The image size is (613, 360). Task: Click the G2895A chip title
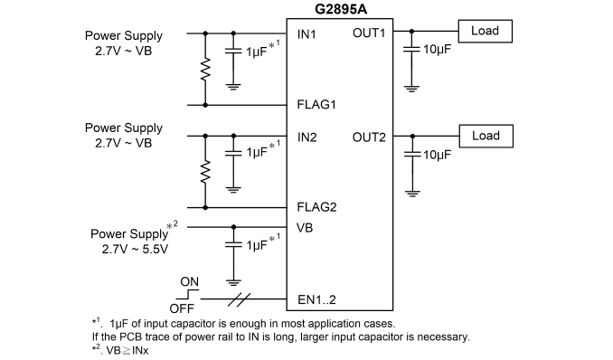point(341,9)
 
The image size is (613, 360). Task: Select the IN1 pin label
point(306,34)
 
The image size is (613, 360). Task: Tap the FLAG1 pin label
point(316,105)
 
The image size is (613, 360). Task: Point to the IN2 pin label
point(306,137)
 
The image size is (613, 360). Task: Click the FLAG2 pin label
point(316,207)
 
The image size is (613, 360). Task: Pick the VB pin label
point(305,228)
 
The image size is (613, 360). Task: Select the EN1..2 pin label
point(316,299)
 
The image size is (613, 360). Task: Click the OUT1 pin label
point(369,33)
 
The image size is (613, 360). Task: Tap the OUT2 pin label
point(369,137)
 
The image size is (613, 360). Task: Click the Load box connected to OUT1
point(486,31)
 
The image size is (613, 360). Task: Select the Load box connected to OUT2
point(486,137)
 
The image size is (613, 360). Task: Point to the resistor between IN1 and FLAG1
point(205,70)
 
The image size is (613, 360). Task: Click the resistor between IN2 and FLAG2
point(205,172)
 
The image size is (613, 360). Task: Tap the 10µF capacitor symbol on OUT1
point(411,50)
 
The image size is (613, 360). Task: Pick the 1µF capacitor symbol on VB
point(233,244)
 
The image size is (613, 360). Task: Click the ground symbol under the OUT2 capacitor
point(412,194)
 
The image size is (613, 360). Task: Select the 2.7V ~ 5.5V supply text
point(135,250)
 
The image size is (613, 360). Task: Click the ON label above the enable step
point(189,281)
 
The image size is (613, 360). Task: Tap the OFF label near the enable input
point(182,308)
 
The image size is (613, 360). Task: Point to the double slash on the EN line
point(239,299)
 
